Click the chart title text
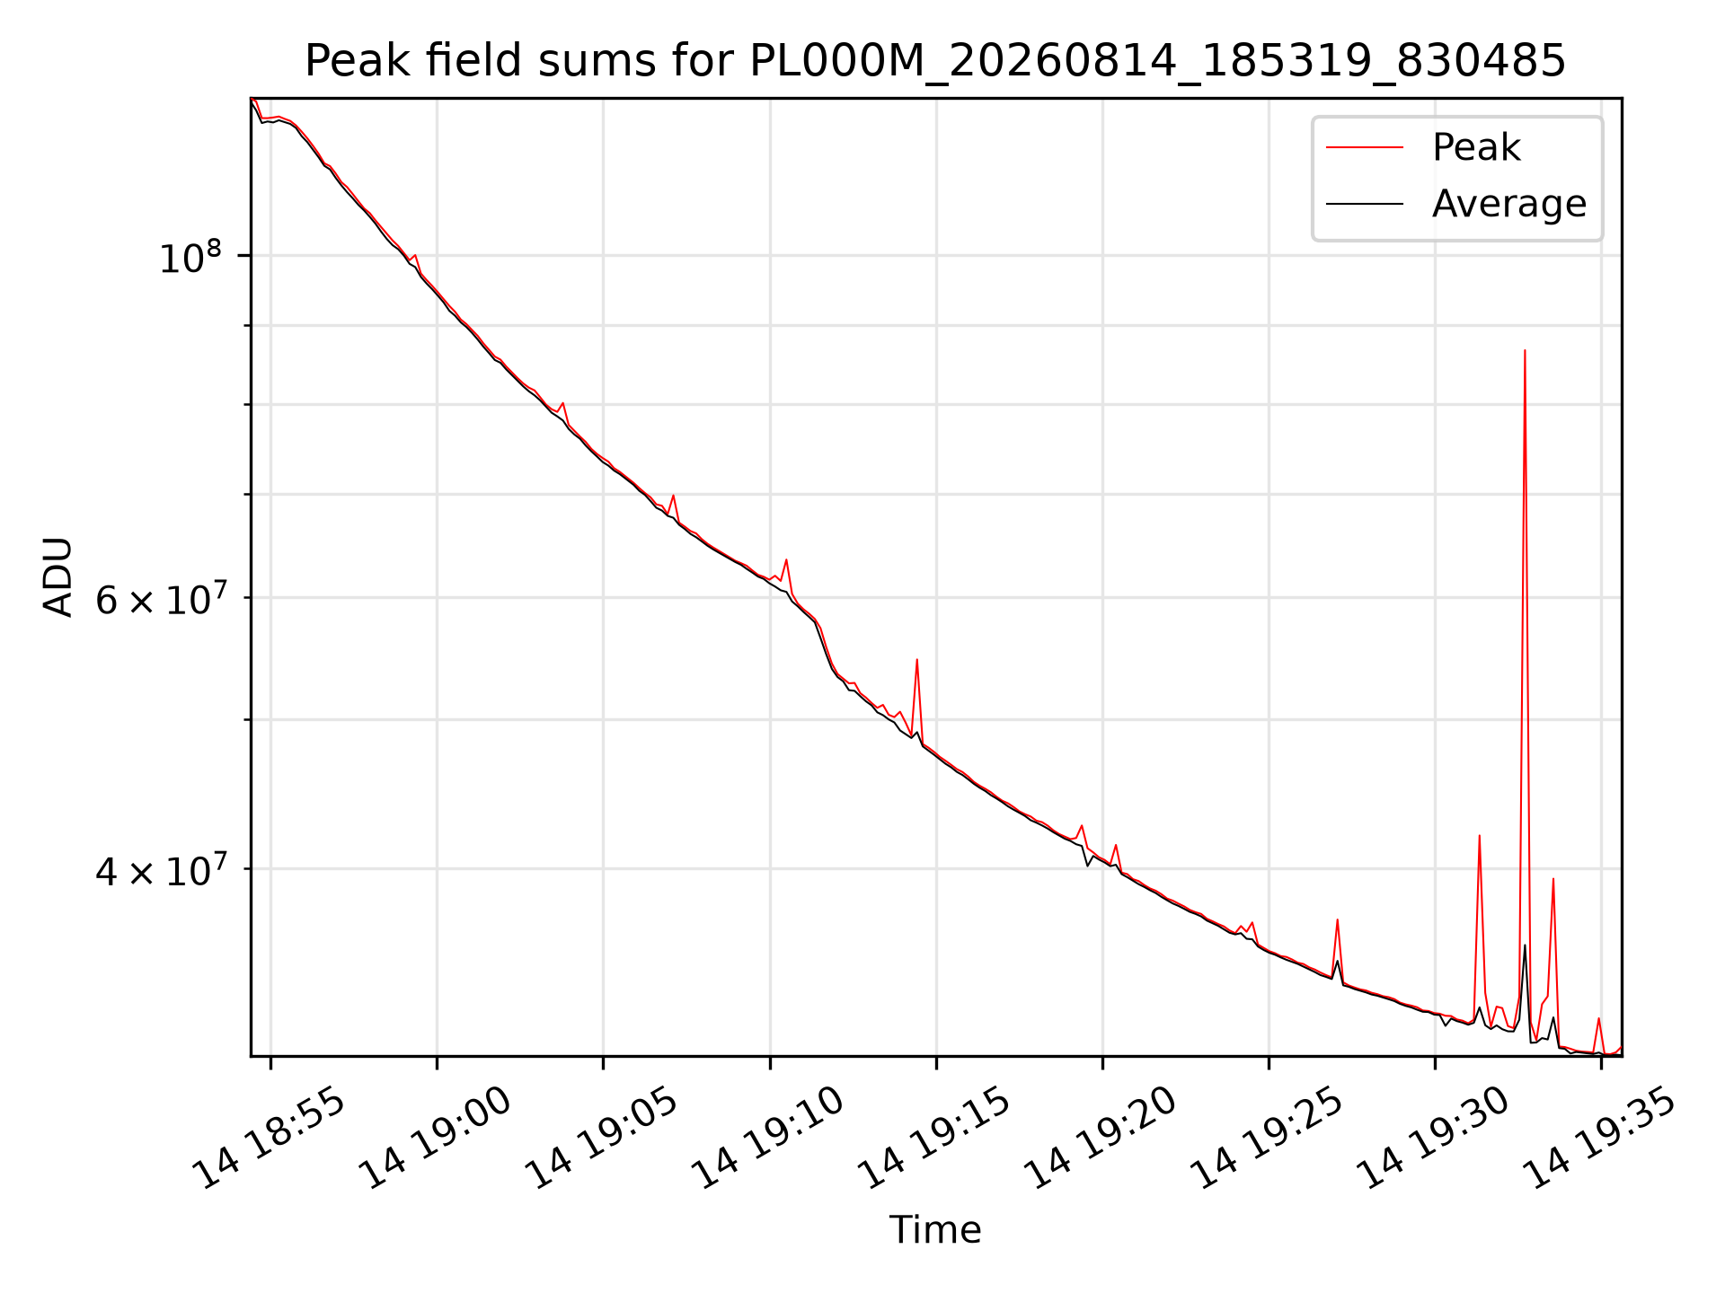[935, 61]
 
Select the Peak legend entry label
[1476, 147]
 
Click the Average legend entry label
[1509, 204]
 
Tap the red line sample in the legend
[1365, 147]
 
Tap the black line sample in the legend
[1365, 204]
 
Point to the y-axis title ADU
[58, 577]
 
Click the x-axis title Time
[935, 1230]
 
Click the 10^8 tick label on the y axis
[190, 258]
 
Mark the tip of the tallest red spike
[1525, 350]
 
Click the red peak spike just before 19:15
[916, 660]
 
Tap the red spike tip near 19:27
[1338, 919]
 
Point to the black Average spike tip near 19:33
[1525, 945]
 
